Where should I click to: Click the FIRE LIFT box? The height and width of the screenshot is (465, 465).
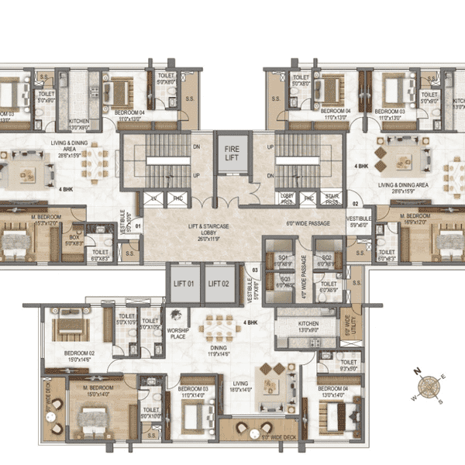[x=232, y=153]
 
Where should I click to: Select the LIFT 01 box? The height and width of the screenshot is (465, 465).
[x=183, y=283]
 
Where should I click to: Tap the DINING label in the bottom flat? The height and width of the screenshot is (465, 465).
[x=217, y=350]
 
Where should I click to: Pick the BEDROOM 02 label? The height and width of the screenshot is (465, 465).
[x=80, y=355]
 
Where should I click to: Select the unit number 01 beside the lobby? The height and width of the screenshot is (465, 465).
[x=137, y=227]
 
